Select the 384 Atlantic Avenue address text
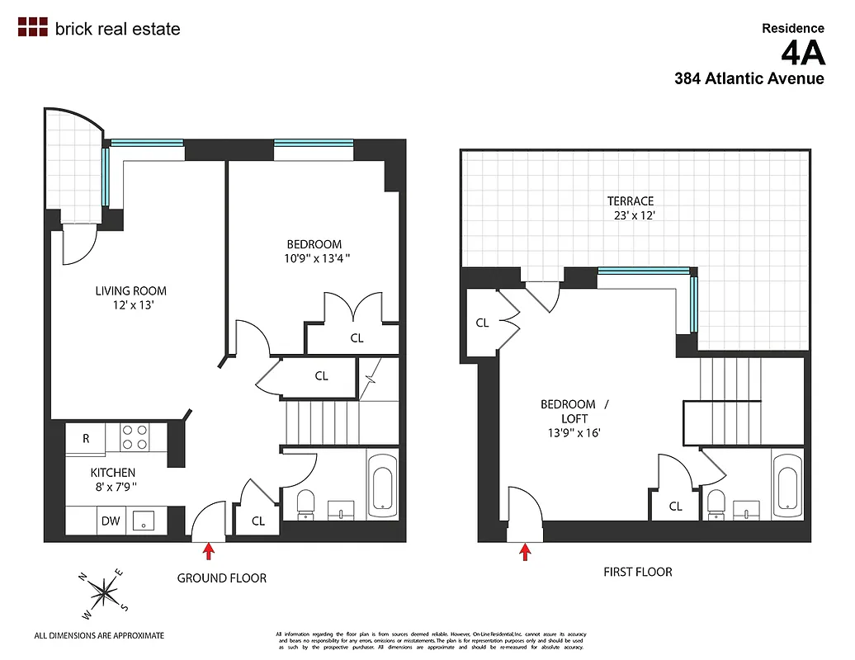point(749,79)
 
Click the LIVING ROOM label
point(130,290)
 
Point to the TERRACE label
point(631,200)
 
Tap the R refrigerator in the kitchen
point(86,439)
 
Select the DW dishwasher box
point(111,521)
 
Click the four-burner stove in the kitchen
point(135,437)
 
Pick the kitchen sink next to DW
point(144,520)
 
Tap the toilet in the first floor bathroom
point(716,502)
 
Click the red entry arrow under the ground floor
point(208,549)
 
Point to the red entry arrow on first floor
point(525,550)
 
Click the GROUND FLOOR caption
point(222,578)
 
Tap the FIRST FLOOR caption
point(637,572)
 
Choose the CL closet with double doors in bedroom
point(357,337)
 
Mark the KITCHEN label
point(113,473)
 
